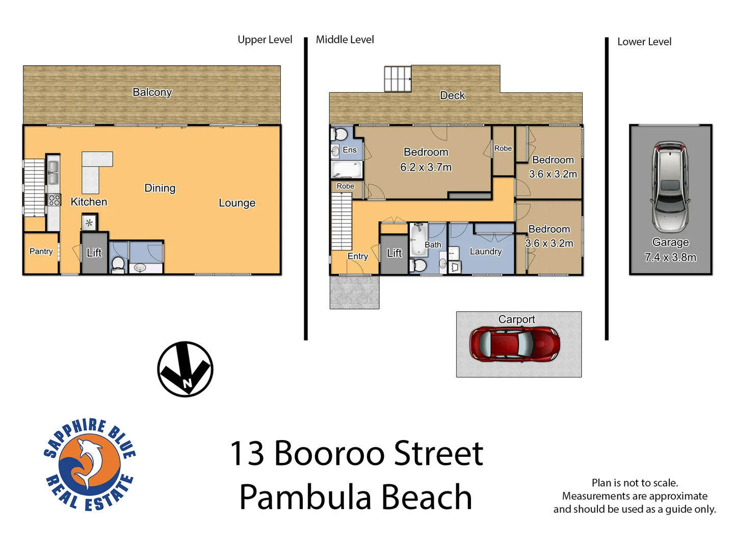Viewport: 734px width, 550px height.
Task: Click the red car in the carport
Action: [514, 345]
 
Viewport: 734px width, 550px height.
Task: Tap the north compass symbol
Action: [185, 369]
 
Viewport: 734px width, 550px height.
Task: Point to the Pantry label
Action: [41, 252]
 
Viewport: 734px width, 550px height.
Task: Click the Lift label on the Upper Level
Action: [94, 253]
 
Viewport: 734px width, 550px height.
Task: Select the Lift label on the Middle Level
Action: [394, 253]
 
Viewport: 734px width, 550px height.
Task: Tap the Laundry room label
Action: [485, 252]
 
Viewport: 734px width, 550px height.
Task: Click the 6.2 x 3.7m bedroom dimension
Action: [426, 168]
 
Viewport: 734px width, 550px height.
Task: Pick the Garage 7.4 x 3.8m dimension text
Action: [670, 257]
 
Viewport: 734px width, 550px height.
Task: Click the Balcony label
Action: [152, 92]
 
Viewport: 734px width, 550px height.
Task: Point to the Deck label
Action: [452, 96]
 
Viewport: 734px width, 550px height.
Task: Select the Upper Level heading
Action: [265, 40]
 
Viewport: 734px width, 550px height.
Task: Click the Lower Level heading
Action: [644, 42]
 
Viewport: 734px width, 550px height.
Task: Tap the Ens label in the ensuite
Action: [350, 150]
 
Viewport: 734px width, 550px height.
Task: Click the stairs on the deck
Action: [398, 79]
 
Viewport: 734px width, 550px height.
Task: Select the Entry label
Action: [357, 257]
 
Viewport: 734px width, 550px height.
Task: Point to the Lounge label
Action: [237, 203]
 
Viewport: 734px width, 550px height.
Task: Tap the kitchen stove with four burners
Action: [54, 200]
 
